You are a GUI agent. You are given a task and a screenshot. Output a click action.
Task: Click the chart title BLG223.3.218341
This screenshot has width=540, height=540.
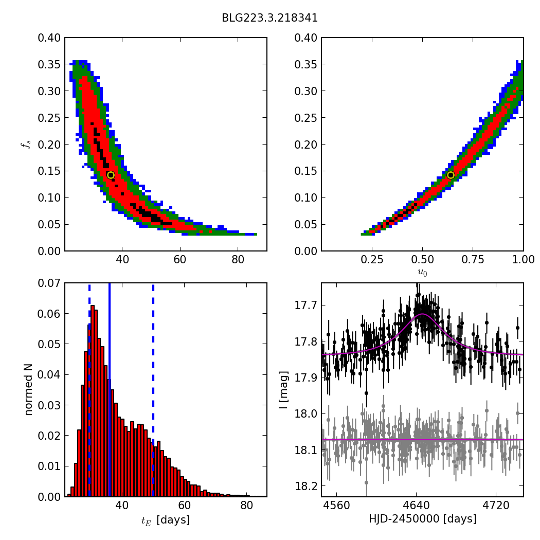(269, 18)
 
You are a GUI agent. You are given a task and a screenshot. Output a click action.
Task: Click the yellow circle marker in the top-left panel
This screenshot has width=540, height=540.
(111, 175)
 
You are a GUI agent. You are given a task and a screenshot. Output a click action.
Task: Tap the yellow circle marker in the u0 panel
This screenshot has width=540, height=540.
(451, 175)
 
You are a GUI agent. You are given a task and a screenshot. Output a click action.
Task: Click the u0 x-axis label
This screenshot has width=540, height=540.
(422, 273)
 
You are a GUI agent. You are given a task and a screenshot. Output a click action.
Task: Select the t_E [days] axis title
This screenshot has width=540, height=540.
(165, 520)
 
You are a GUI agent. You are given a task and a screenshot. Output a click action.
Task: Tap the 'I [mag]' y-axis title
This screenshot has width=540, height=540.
(283, 389)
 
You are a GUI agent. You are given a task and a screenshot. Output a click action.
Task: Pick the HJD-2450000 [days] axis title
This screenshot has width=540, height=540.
(422, 519)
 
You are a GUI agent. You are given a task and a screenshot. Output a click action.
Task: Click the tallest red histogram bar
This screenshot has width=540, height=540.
(93, 401)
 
